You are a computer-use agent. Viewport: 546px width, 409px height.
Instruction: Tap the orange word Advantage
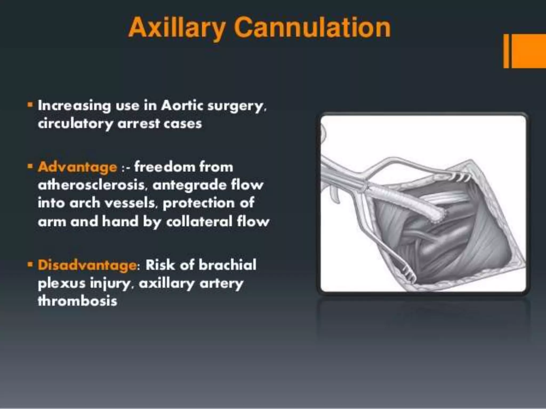pos(77,167)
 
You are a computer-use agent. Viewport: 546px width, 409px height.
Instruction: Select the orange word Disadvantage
pos(87,265)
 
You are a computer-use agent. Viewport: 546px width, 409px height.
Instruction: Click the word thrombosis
pos(77,301)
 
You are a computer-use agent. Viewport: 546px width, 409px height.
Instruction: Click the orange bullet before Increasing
pos(30,104)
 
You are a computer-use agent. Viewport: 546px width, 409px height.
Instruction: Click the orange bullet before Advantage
pos(30,166)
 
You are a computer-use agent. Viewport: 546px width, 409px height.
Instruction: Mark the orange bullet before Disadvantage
pos(30,264)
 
